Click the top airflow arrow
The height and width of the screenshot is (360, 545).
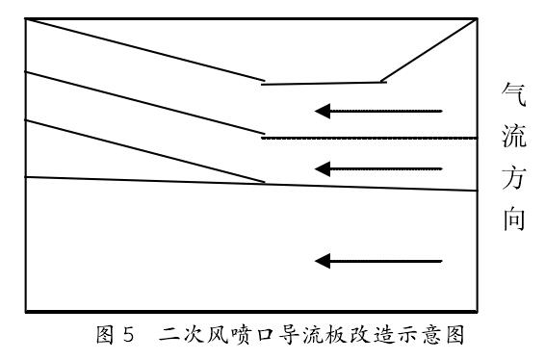tap(380, 111)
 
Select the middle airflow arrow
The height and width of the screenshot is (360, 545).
tap(380, 168)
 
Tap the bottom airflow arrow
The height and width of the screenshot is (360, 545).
tap(380, 261)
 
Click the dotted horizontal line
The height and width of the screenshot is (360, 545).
tap(371, 138)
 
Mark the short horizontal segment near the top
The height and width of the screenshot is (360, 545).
tap(324, 83)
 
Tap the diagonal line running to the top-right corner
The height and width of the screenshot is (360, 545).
tap(429, 50)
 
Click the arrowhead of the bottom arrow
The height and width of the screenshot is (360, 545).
tap(324, 261)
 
